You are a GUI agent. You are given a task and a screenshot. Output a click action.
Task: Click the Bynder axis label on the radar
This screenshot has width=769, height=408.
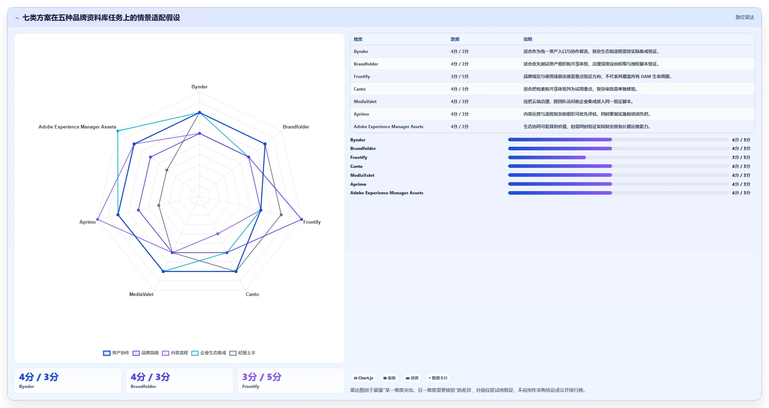[199, 87]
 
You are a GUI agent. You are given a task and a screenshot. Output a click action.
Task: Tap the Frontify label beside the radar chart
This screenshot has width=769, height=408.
[312, 222]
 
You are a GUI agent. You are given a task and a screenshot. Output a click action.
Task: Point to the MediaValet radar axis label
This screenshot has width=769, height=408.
[141, 294]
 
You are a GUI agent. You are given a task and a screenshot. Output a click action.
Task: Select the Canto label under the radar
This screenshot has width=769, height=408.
[252, 294]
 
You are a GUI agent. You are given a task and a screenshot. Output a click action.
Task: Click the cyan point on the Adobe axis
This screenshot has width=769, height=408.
[118, 131]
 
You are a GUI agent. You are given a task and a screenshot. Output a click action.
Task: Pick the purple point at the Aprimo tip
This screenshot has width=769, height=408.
[97, 219]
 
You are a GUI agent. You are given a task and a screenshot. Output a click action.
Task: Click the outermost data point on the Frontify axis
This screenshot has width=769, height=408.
[301, 219]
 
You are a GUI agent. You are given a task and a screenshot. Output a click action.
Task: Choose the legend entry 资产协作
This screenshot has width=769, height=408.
[116, 353]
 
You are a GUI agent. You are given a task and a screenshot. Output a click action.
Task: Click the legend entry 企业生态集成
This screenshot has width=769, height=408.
[209, 353]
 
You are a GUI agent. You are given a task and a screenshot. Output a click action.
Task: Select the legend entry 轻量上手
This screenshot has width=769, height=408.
[243, 353]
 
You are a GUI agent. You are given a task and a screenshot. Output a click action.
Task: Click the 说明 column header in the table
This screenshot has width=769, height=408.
[527, 39]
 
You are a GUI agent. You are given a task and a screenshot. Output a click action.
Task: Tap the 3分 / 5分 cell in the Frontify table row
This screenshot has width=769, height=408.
[459, 77]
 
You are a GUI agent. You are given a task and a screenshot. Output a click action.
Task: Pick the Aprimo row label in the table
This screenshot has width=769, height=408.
[361, 114]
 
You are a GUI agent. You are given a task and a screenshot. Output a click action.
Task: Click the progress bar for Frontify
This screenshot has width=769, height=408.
[618, 157]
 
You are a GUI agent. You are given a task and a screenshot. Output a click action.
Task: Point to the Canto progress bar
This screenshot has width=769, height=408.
[618, 166]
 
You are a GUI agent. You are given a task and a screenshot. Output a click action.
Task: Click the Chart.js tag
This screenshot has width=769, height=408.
[363, 378]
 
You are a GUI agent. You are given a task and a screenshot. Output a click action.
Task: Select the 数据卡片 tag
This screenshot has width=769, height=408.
[438, 378]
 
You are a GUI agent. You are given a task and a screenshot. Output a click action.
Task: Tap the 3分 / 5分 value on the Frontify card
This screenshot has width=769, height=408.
[262, 377]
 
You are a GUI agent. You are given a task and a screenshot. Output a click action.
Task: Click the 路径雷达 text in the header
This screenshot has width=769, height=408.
[745, 17]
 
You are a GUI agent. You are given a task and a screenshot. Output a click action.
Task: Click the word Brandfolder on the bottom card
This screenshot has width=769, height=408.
[143, 387]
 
